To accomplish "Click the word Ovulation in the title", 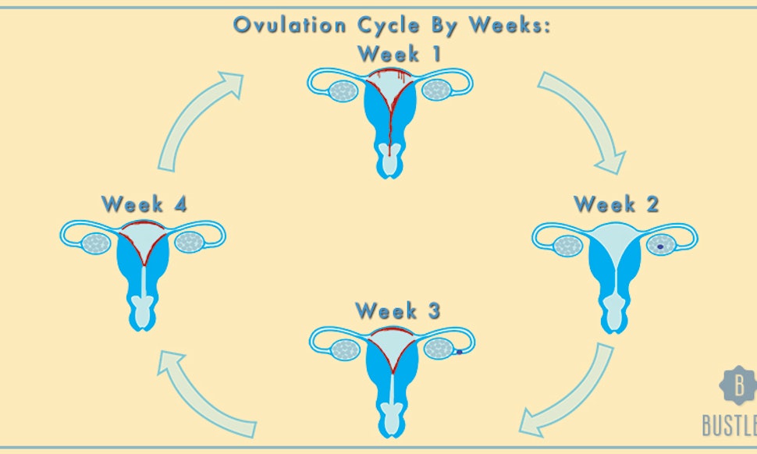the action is tap(290, 25).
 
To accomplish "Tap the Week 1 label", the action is tap(400, 54).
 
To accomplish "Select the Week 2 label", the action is tap(617, 204).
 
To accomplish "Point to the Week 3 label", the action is tap(398, 310).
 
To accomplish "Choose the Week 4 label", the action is tap(144, 204).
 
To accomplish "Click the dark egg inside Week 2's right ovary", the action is tap(660, 247).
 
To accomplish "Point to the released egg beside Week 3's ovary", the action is tap(459, 352).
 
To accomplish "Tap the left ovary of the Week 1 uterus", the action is tap(343, 90).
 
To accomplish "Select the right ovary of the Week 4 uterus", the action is tap(189, 242).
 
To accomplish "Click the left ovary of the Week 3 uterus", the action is tap(345, 349).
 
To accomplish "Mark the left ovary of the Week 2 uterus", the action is tap(568, 246).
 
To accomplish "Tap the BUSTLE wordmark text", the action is tap(730, 425).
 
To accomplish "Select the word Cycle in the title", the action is tap(389, 25).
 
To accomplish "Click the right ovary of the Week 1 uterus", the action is tap(437, 90).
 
